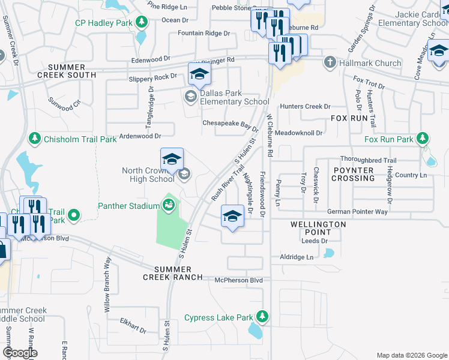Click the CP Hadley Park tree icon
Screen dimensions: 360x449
(141, 23)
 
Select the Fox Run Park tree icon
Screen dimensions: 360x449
(423, 139)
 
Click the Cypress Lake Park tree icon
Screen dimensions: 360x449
(262, 316)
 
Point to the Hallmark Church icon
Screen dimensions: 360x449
(329, 62)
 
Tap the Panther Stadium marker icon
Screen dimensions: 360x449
(169, 206)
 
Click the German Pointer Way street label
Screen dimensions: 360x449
(357, 211)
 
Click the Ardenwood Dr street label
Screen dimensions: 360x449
(142, 136)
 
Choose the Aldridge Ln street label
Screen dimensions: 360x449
(297, 257)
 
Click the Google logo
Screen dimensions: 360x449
(20, 353)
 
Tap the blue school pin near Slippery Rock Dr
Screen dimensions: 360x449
(199, 75)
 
